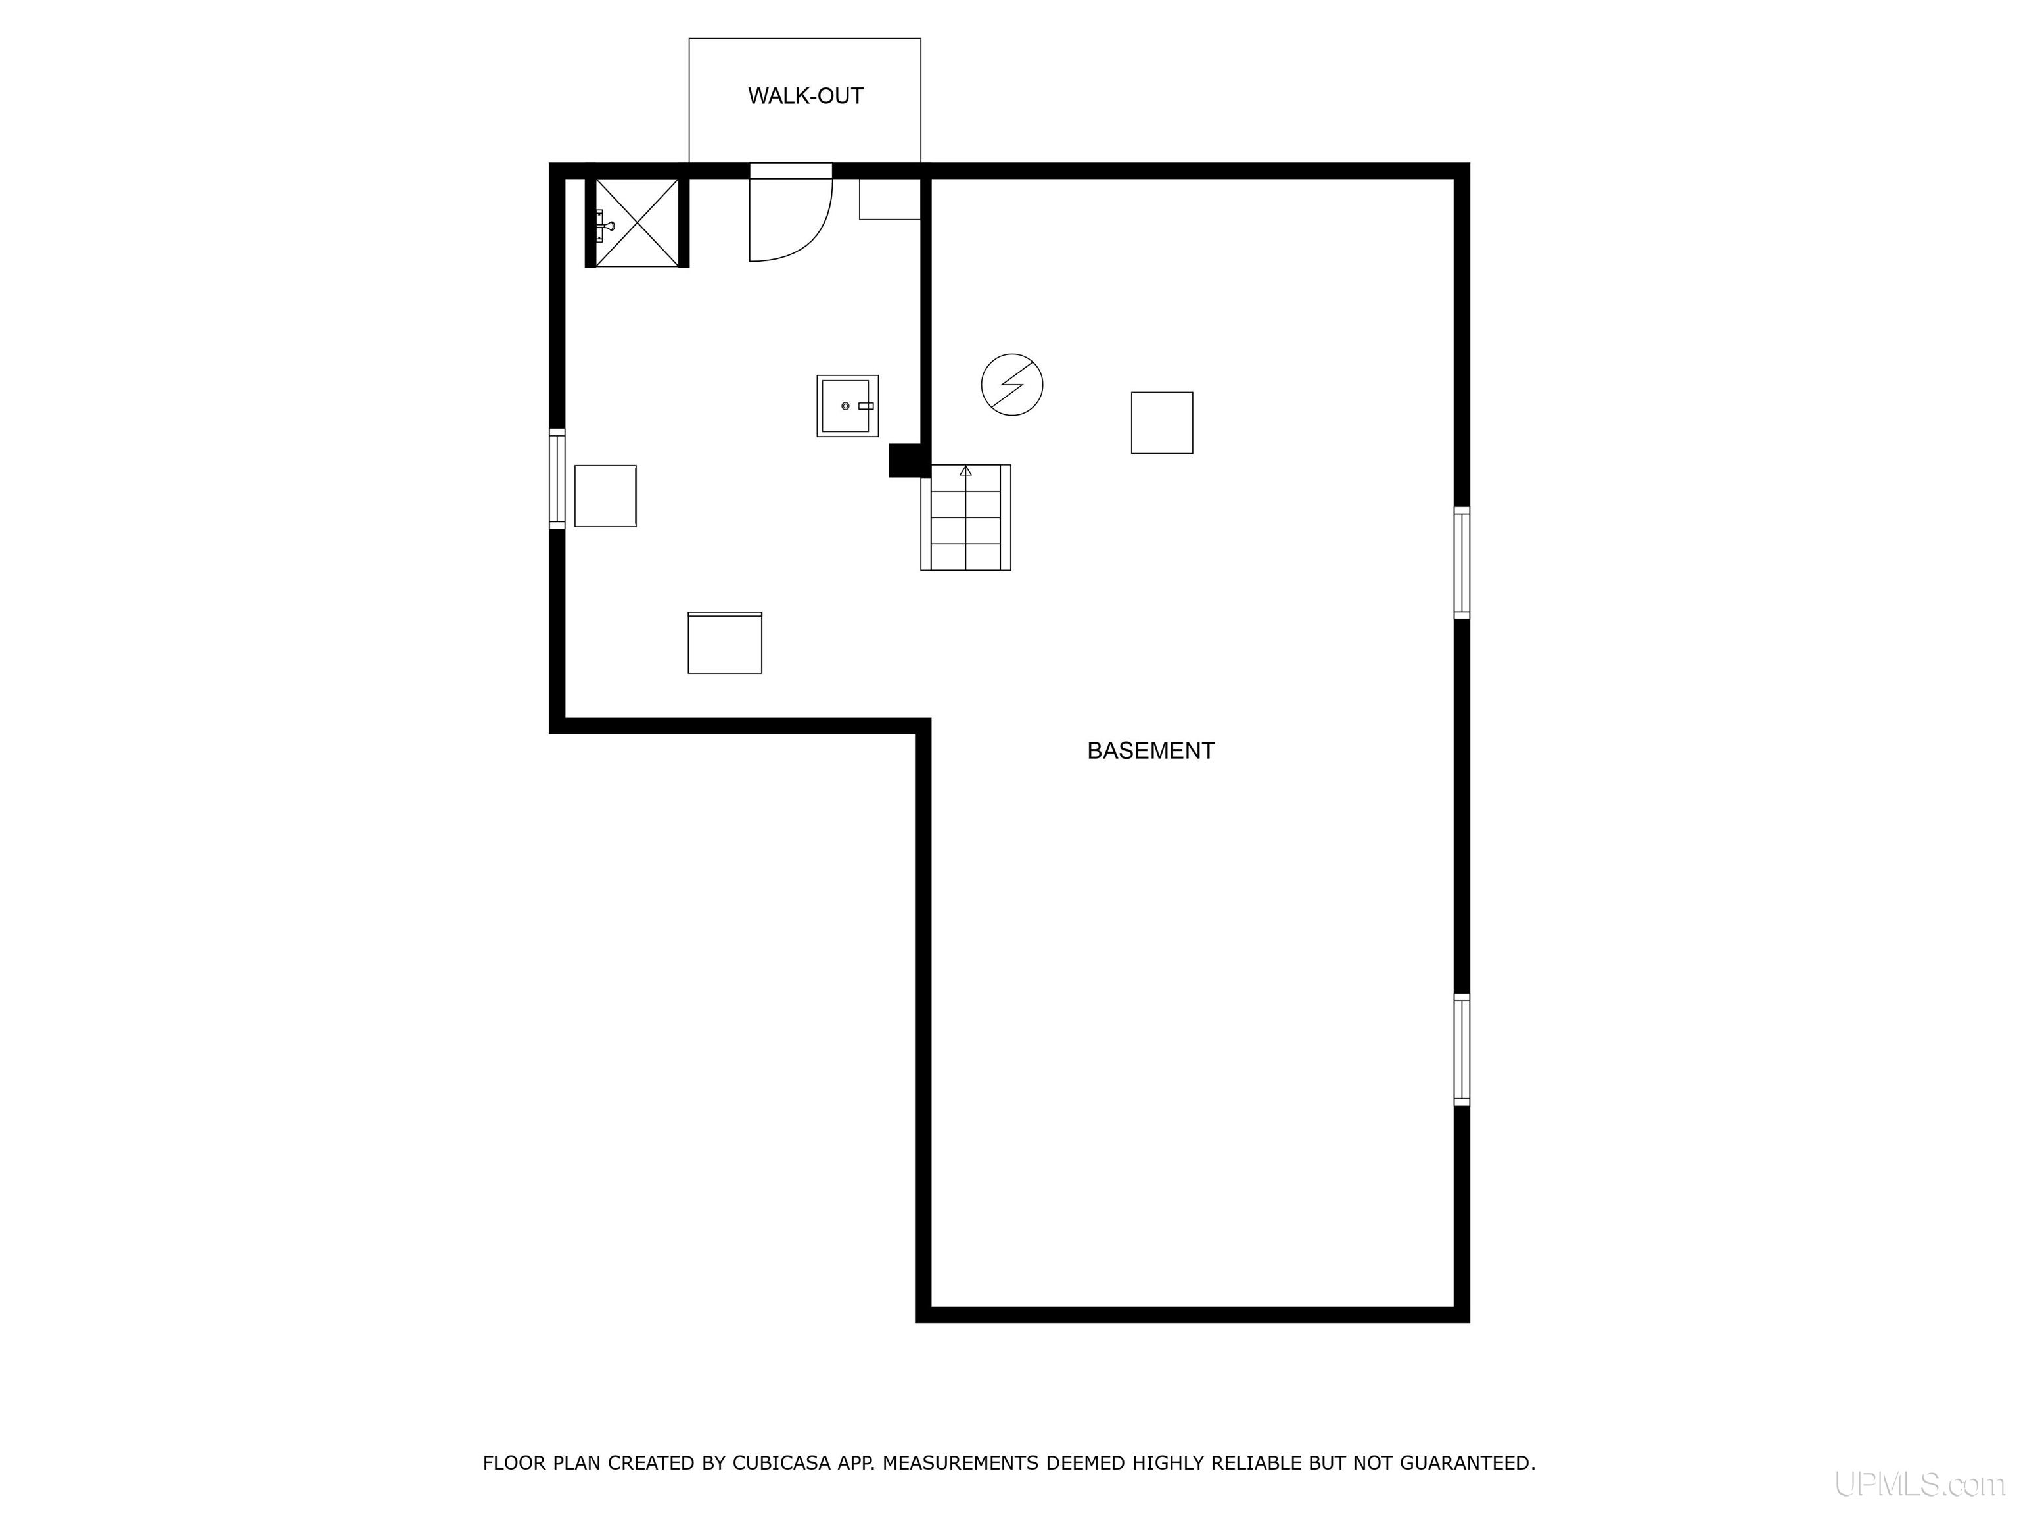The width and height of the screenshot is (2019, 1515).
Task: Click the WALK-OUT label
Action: (x=805, y=96)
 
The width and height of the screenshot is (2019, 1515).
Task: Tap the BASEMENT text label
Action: (x=1150, y=751)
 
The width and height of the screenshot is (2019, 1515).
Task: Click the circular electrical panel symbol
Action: (x=1011, y=385)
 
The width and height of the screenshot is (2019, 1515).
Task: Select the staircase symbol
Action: (x=965, y=517)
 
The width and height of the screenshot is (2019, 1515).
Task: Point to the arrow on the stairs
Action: (x=965, y=471)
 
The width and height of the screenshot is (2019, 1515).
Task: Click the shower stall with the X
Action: (x=637, y=223)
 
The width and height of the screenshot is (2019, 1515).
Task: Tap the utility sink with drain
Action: (x=847, y=406)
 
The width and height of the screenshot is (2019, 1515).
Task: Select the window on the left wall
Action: (x=557, y=479)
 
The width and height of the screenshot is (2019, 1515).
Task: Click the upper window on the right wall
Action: (x=1461, y=562)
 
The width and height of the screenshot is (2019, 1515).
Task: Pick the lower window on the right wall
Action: (x=1461, y=1049)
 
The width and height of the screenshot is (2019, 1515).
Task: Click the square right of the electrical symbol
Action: (x=1162, y=423)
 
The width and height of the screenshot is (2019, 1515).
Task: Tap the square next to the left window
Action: (x=605, y=496)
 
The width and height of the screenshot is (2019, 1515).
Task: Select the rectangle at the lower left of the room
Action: (x=725, y=643)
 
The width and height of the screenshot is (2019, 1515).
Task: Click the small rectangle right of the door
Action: (x=890, y=199)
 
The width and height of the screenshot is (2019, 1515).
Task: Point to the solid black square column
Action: (x=908, y=460)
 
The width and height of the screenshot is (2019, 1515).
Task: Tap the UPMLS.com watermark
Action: (x=1918, y=1485)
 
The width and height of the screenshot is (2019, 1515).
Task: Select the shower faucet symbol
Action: (x=605, y=224)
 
